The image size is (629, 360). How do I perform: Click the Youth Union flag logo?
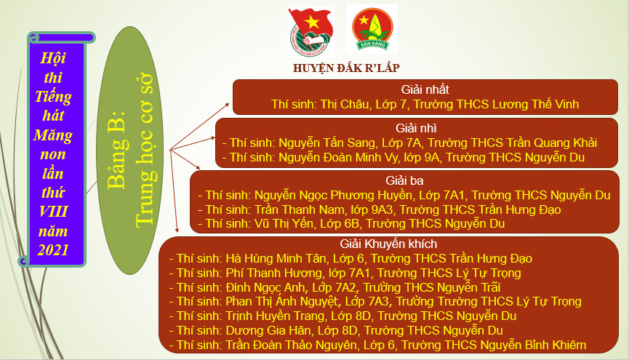(311, 33)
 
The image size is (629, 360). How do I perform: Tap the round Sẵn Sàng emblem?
(372, 29)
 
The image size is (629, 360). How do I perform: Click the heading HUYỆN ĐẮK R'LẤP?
(346, 68)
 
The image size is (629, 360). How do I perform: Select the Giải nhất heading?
(425, 89)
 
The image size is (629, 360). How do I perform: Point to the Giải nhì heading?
(416, 128)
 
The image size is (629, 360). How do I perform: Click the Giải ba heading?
(404, 180)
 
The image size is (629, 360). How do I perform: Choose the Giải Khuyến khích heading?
(388, 244)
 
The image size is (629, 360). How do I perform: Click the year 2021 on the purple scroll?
(53, 249)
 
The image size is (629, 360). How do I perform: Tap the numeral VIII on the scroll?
(53, 211)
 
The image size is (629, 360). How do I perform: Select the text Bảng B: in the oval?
(116, 150)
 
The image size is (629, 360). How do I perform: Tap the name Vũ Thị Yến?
(284, 223)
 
